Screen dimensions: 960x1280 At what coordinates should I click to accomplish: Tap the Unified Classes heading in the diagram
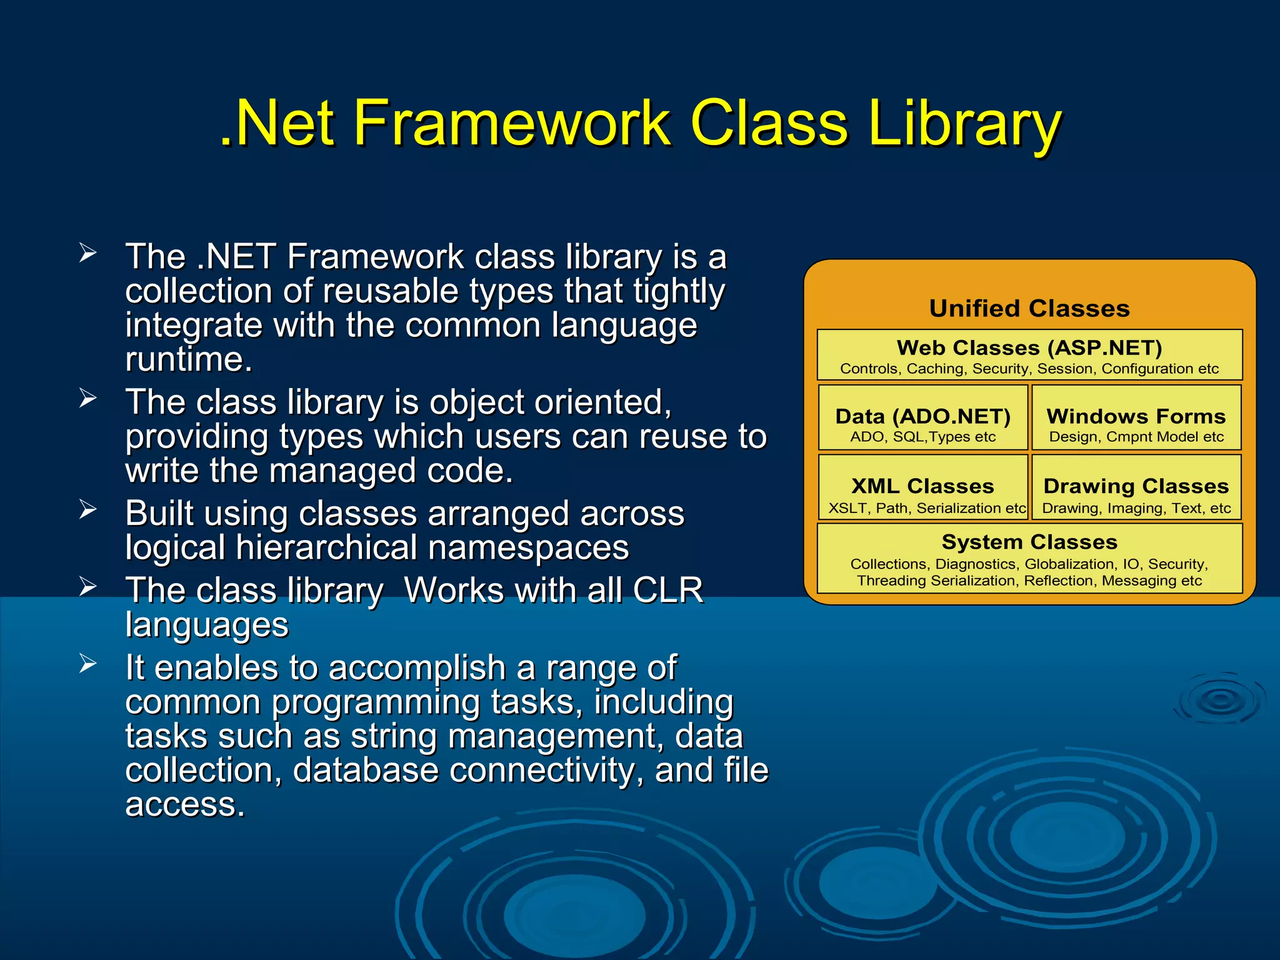pyautogui.click(x=1029, y=308)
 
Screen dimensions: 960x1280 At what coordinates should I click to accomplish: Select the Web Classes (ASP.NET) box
pyautogui.click(x=1029, y=354)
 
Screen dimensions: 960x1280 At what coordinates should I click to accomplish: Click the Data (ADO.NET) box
pyautogui.click(x=923, y=417)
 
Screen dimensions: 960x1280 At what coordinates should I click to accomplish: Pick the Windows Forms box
pyautogui.click(x=1136, y=417)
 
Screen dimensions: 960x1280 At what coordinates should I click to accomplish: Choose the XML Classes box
pyautogui.click(x=923, y=487)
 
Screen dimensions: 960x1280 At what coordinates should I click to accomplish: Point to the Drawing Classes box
pyautogui.click(x=1136, y=487)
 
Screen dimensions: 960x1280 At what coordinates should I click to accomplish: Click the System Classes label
pyautogui.click(x=1029, y=542)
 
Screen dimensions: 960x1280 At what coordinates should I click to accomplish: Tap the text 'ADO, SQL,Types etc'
pyautogui.click(x=923, y=437)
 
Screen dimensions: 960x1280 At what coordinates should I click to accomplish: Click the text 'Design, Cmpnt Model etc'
pyautogui.click(x=1136, y=437)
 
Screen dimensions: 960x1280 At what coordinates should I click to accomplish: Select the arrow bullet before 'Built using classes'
pyautogui.click(x=87, y=509)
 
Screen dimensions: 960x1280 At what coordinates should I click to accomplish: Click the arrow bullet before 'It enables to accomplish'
pyautogui.click(x=87, y=663)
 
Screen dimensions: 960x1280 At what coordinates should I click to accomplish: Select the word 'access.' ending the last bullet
pyautogui.click(x=185, y=804)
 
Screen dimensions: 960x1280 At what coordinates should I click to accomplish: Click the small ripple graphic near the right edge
pyautogui.click(x=1220, y=700)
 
